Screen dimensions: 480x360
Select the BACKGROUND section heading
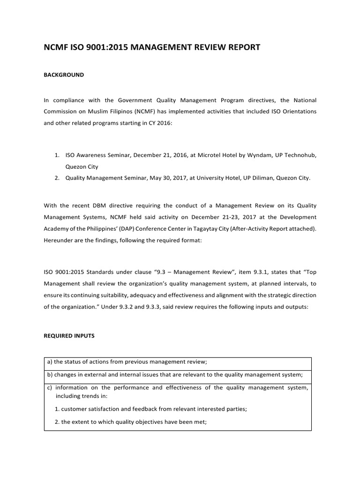[x=64, y=75]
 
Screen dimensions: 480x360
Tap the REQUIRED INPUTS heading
[x=68, y=336]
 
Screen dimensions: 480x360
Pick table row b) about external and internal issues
[x=175, y=374]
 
